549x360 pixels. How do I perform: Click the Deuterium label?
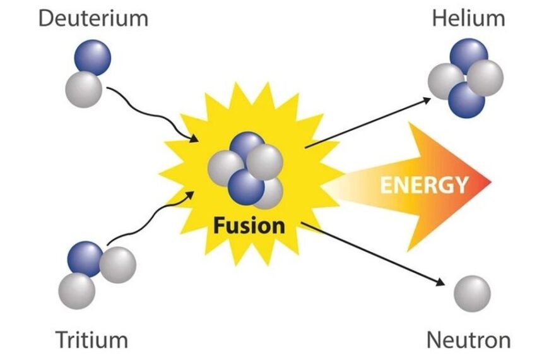click(93, 18)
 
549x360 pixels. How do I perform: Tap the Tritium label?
click(92, 340)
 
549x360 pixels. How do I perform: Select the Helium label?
click(468, 18)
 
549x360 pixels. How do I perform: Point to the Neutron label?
click(468, 340)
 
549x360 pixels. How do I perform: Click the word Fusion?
click(249, 225)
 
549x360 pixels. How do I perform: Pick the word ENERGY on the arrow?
click(423, 185)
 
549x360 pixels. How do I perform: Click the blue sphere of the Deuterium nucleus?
click(93, 59)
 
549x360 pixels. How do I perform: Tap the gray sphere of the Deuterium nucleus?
click(83, 89)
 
